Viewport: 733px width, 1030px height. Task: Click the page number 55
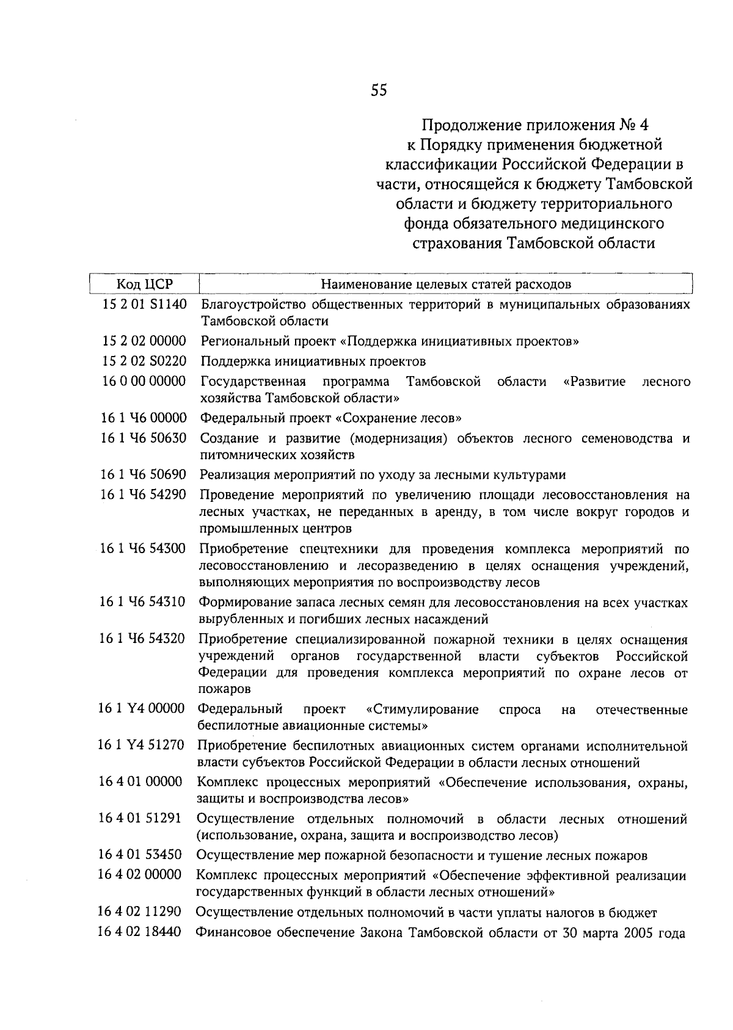click(379, 90)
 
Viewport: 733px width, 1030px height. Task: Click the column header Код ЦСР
click(145, 284)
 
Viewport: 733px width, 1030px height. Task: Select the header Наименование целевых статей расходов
click(446, 284)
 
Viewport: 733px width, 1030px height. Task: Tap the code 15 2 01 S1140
click(144, 303)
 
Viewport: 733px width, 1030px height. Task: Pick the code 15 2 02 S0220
click(144, 361)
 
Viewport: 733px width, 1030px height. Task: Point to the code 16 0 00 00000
click(144, 381)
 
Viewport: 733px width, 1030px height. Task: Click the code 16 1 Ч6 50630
click(144, 438)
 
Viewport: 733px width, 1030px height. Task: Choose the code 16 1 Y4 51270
click(142, 745)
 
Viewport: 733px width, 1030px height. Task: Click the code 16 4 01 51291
click(141, 818)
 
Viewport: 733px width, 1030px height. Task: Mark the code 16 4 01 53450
click(140, 855)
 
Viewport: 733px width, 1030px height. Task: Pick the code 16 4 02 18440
click(140, 932)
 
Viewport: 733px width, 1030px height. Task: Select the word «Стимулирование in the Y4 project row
click(422, 709)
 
